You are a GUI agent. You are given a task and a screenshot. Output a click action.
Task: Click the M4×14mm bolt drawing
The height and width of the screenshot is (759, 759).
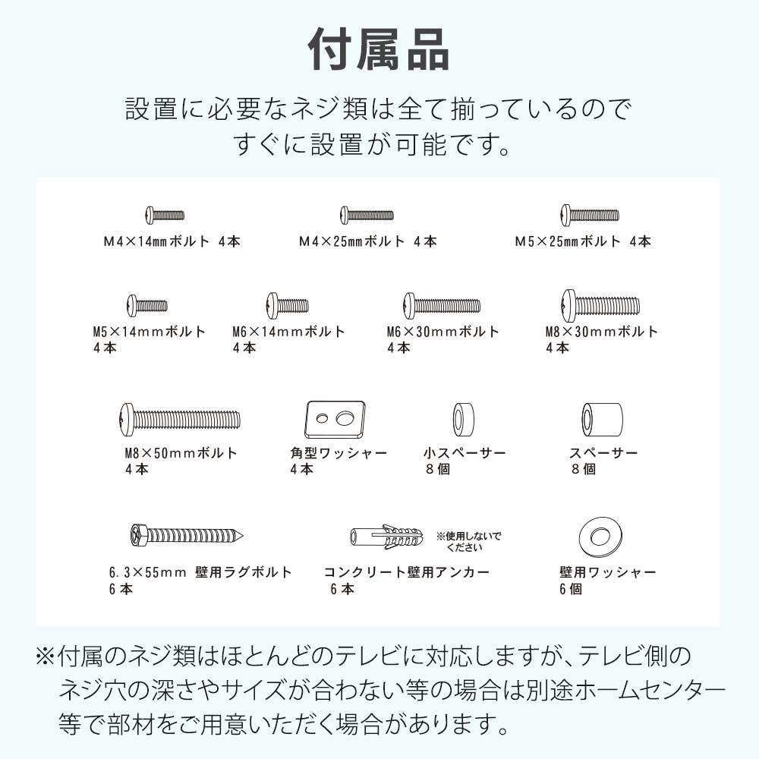164,215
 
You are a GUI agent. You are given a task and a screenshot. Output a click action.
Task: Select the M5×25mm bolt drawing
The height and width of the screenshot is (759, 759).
589,215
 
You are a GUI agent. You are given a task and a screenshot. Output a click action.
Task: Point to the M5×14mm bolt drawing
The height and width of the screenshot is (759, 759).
147,305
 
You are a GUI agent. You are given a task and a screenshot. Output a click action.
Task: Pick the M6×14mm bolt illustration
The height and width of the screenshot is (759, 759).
288,305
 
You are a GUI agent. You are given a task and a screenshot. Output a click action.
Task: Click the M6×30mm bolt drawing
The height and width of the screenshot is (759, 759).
442,305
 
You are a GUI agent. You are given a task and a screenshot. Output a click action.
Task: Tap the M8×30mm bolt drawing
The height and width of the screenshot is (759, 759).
600,305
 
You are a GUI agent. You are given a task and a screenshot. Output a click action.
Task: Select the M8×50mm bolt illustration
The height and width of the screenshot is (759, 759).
180,418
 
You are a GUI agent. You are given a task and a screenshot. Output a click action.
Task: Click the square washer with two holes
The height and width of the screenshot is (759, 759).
335,419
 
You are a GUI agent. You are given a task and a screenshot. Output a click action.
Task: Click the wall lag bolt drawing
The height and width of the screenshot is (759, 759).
186,535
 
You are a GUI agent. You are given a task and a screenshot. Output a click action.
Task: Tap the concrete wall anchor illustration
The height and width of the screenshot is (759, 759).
388,538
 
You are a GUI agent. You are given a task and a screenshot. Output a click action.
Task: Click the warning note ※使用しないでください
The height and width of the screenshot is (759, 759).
468,541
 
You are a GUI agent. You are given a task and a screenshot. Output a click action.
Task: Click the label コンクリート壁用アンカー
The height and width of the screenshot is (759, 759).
407,572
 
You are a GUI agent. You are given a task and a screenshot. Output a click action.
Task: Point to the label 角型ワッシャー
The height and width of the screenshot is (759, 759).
339,453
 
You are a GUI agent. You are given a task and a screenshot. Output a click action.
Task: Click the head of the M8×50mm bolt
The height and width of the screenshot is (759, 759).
127,418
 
